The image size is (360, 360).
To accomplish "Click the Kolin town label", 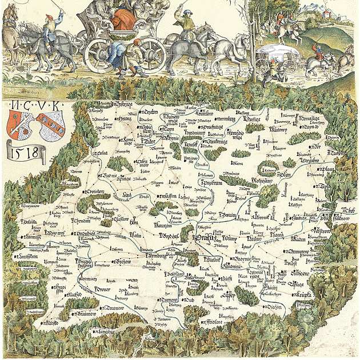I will tap(135, 234).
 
